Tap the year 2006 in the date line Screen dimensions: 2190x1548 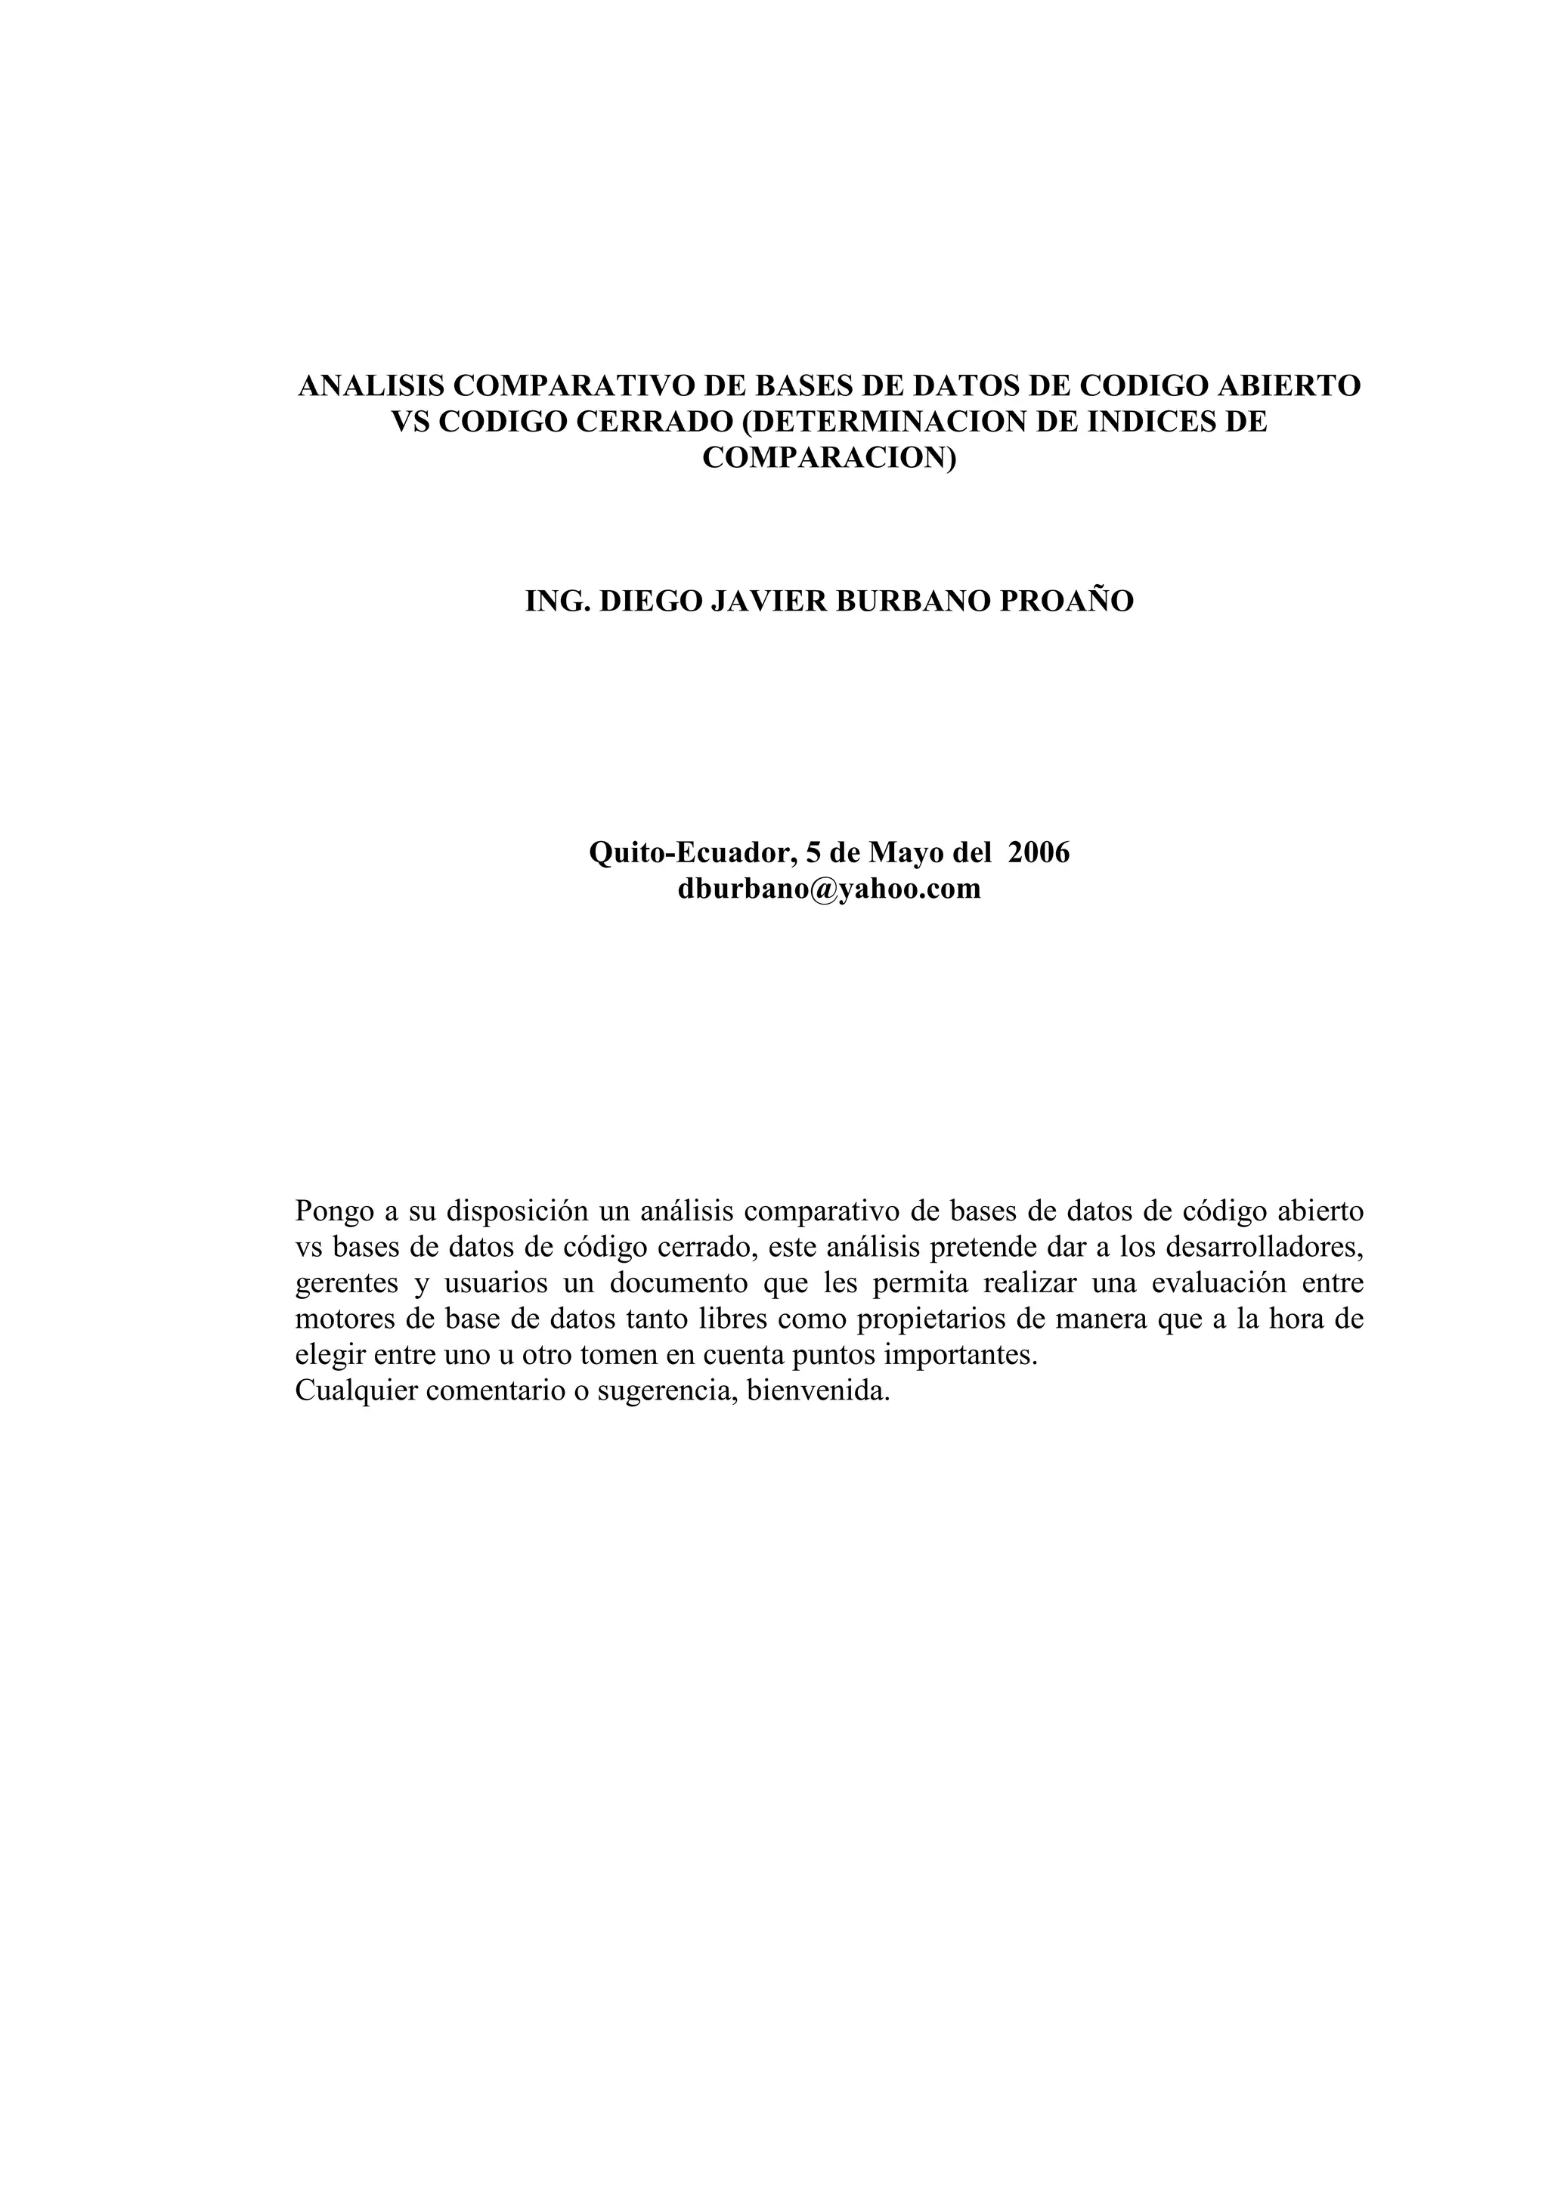click(x=1039, y=852)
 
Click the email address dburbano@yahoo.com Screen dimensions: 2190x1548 click(x=829, y=888)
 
